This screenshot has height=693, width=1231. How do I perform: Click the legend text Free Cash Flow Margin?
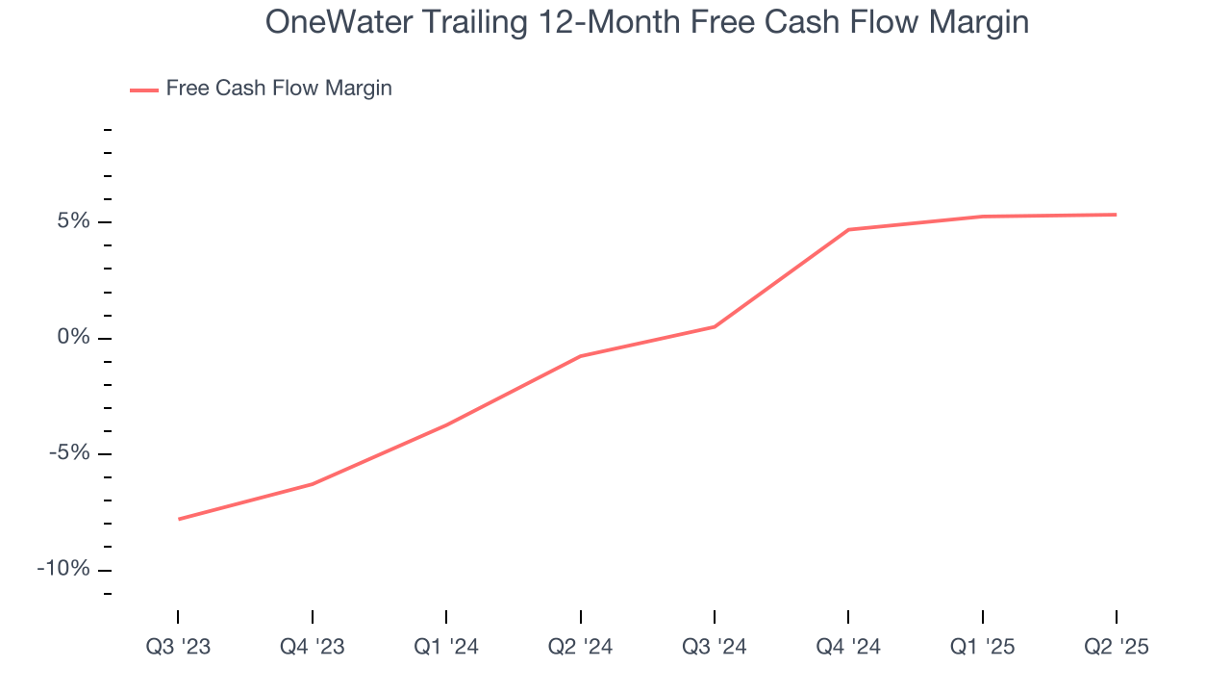pyautogui.click(x=279, y=89)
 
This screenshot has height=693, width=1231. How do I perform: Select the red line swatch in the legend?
pyautogui.click(x=144, y=90)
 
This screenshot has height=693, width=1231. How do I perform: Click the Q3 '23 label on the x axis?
pyautogui.click(x=178, y=648)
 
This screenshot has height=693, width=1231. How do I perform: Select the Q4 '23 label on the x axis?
pyautogui.click(x=312, y=648)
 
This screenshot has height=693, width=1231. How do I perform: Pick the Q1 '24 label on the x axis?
pyautogui.click(x=446, y=648)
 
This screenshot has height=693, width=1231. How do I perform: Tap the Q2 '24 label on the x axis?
pyautogui.click(x=580, y=648)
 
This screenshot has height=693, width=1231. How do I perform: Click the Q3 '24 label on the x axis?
pyautogui.click(x=715, y=648)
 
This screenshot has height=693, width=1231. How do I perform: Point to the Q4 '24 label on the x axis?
pyautogui.click(x=848, y=648)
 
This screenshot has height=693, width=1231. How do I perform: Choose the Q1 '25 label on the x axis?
pyautogui.click(x=982, y=648)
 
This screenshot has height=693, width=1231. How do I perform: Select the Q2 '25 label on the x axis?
pyautogui.click(x=1117, y=648)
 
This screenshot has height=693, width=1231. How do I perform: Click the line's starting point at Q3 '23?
pyautogui.click(x=178, y=519)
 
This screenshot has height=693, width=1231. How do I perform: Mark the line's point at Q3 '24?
pyautogui.click(x=715, y=326)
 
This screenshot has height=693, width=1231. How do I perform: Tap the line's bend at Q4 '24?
pyautogui.click(x=848, y=229)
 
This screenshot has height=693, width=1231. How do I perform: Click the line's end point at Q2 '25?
pyautogui.click(x=1117, y=215)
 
